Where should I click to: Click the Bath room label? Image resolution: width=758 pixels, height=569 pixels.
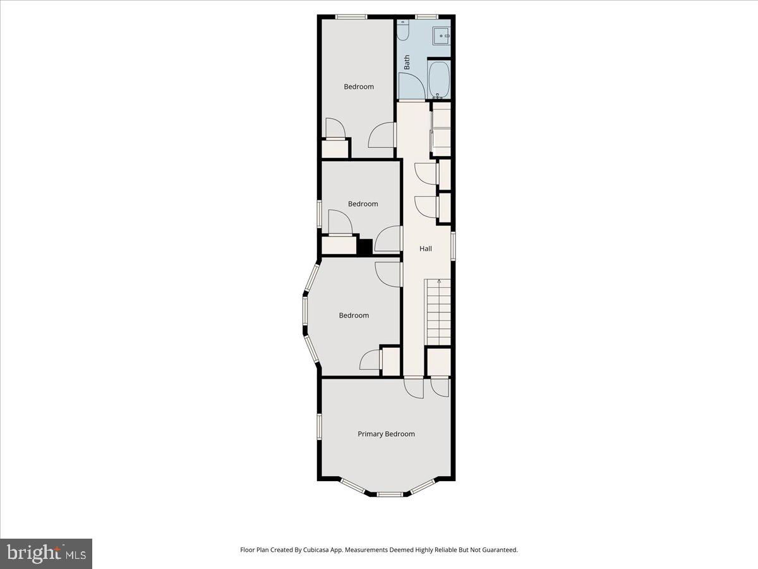click(407, 62)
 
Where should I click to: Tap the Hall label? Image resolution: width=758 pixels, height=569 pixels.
click(426, 249)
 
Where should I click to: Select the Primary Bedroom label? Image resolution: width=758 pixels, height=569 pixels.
click(386, 434)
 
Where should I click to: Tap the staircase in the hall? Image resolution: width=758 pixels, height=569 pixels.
click(439, 312)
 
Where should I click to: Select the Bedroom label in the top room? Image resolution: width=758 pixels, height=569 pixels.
click(359, 87)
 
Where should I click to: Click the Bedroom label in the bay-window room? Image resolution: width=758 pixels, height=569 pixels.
click(354, 315)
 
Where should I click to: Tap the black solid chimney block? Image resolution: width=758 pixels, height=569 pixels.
click(364, 247)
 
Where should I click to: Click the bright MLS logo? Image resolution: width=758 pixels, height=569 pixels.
click(46, 554)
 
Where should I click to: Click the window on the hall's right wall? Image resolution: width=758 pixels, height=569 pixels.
click(454, 246)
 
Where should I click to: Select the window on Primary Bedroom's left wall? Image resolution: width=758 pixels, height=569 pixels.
click(320, 425)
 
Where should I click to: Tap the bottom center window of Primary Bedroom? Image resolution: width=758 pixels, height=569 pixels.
click(390, 493)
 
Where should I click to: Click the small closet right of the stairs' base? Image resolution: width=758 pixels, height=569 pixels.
click(438, 362)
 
